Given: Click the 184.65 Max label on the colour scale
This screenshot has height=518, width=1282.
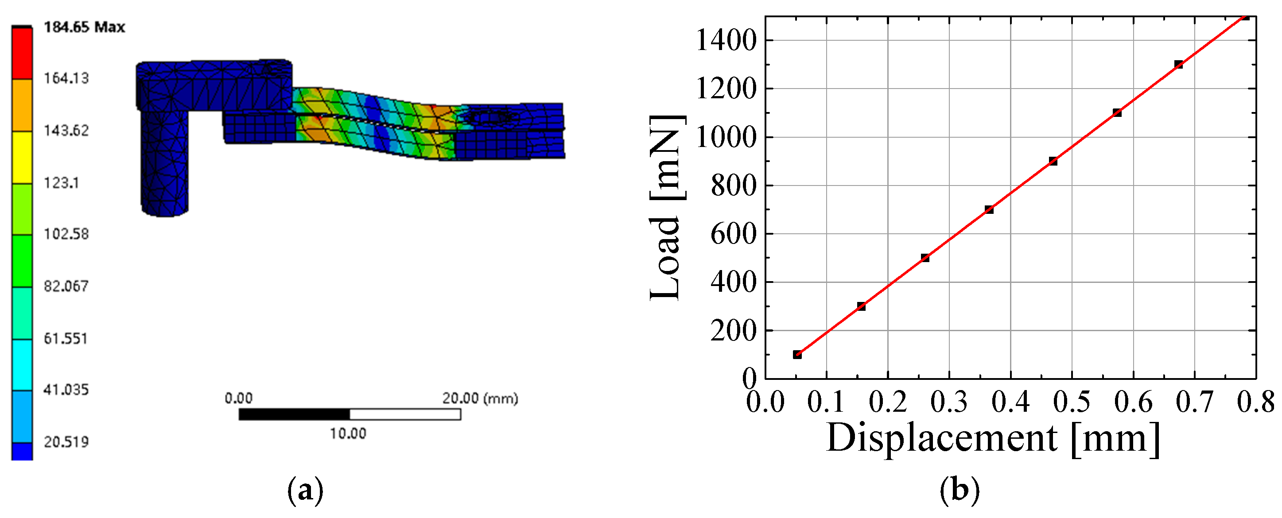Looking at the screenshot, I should pos(84,27).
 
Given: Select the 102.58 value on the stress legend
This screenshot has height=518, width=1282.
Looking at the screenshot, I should pos(66,234).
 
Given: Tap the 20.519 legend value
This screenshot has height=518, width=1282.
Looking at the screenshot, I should pos(66,442).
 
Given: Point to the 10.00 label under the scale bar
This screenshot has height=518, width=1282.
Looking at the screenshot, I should pos(348,433).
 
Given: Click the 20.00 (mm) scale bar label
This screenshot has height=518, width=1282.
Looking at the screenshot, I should pos(480,398).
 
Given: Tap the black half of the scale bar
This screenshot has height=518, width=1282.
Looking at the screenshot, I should pos(294,414).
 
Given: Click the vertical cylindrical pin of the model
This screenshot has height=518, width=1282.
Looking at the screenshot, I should pos(165,162).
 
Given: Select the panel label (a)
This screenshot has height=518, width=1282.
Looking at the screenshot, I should pos(305,490).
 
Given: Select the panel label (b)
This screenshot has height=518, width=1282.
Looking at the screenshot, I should pos(960,490).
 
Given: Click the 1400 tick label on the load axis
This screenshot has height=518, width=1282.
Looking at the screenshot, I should pos(726,40).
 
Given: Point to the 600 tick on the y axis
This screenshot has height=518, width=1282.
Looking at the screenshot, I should pos(733,234).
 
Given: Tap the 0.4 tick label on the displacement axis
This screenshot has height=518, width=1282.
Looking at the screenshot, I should pos(1010,402).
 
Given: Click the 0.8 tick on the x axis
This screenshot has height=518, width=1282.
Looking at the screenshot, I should pos(1255,402).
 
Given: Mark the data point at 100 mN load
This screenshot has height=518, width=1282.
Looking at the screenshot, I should pos(797,355).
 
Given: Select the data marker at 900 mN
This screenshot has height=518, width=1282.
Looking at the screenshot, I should pos(1053,161).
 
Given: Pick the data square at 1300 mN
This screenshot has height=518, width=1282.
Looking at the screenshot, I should pos(1178,65).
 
